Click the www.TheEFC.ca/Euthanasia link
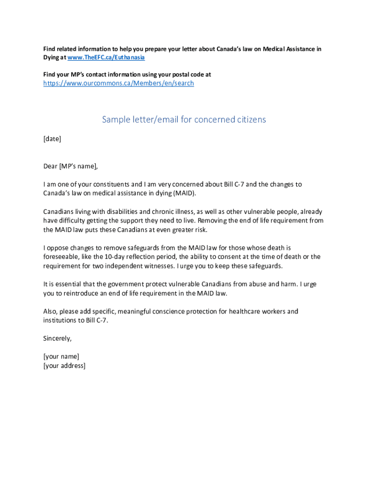coord(106,57)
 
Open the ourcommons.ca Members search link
coord(119,83)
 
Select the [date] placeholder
coord(52,139)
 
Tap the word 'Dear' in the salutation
coord(50,167)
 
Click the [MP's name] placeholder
coord(78,167)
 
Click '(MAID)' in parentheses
coord(184,193)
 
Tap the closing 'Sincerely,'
coord(57,339)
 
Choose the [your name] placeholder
coord(61,356)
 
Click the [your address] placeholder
coord(64,366)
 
